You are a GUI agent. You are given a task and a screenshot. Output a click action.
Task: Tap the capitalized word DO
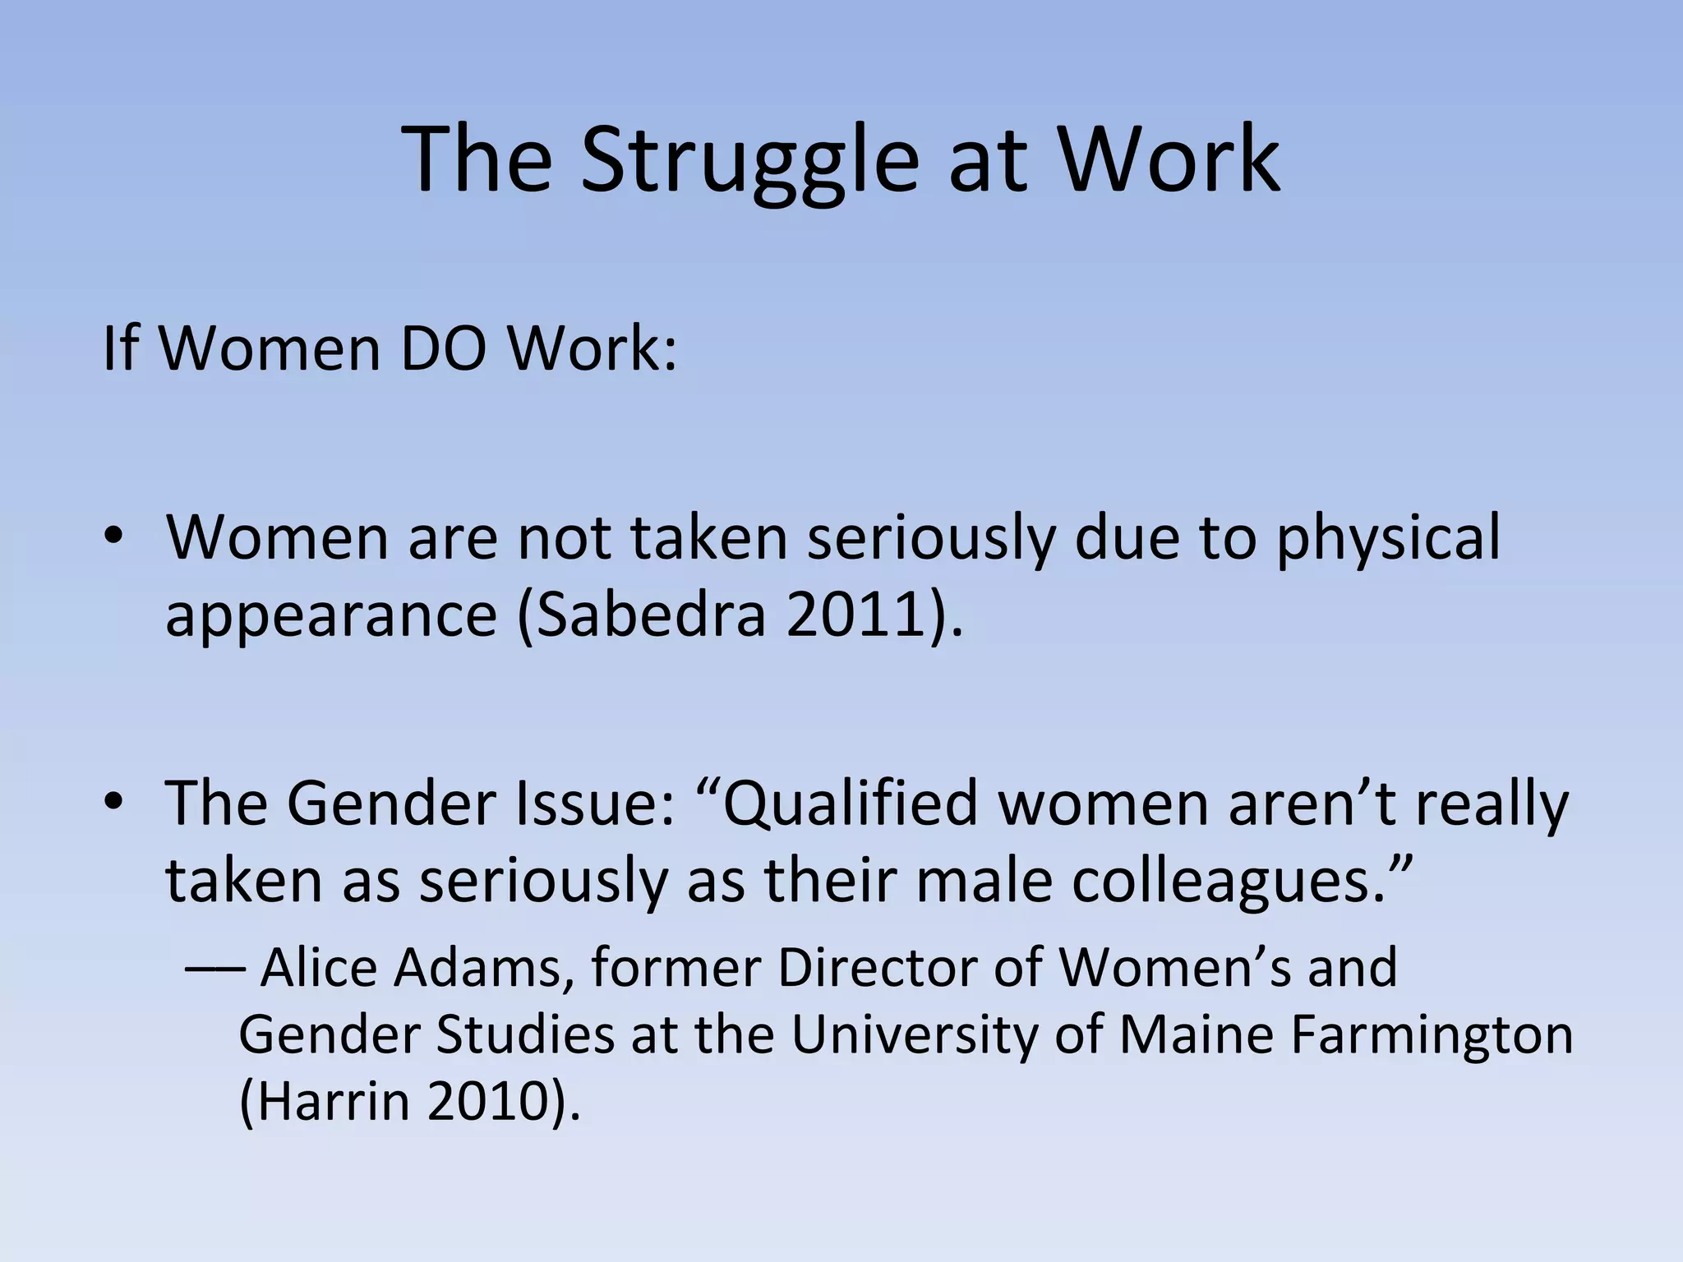[x=445, y=349]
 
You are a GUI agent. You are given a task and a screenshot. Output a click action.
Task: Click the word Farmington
[x=1432, y=1035]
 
